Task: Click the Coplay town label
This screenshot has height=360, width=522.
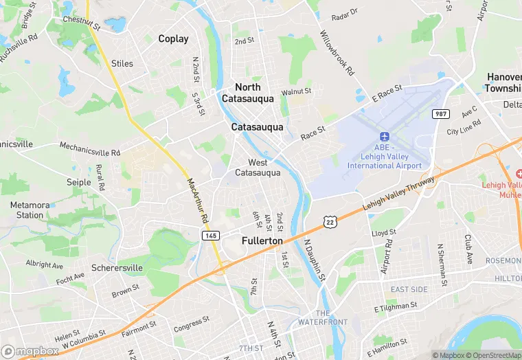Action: coord(173,39)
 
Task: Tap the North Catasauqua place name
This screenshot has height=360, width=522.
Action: coord(248,93)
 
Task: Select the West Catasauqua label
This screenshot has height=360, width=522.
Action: coord(258,168)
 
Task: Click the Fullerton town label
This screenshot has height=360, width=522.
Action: coord(262,241)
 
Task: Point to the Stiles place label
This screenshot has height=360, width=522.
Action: coord(122,64)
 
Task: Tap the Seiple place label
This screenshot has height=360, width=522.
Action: coord(79,182)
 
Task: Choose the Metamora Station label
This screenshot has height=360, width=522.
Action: coord(30,210)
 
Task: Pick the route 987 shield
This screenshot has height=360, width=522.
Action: coord(440,113)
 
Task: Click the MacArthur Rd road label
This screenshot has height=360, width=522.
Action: coord(196,199)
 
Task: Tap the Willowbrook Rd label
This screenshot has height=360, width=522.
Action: coord(337,52)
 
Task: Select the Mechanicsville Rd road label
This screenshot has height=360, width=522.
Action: coord(89,148)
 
